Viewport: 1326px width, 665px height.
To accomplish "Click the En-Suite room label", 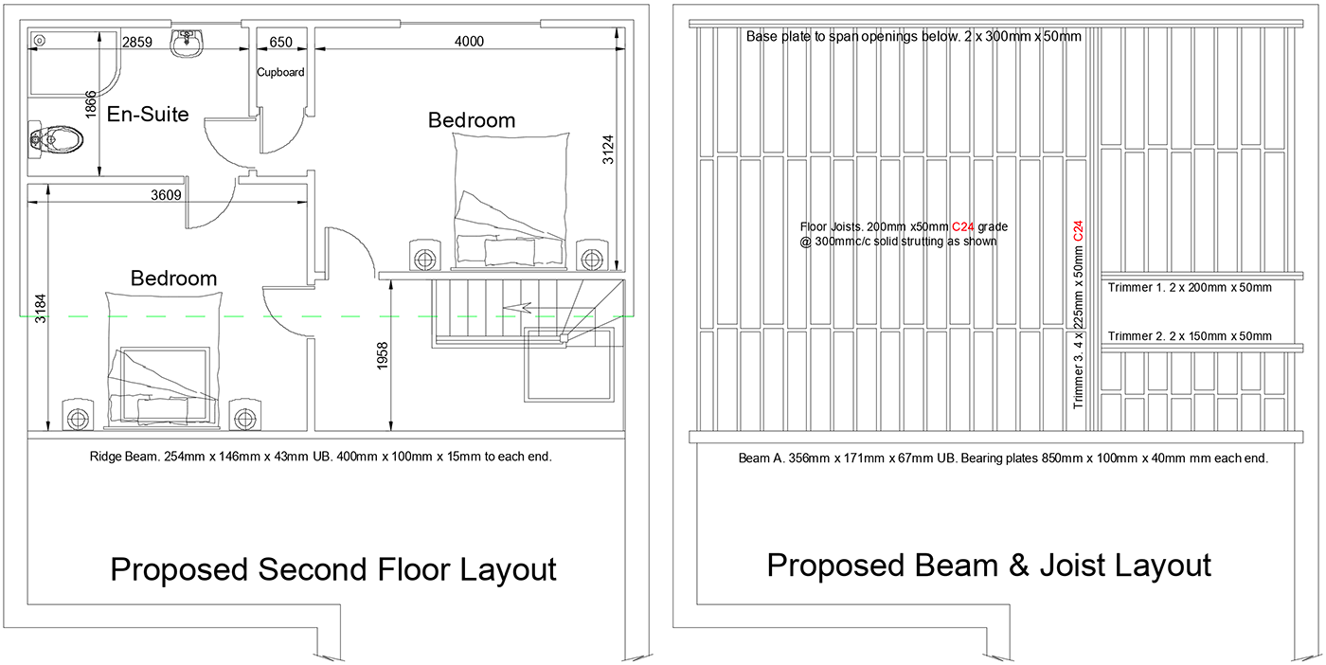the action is pyautogui.click(x=148, y=114).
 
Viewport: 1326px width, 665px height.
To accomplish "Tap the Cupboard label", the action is pyautogui.click(x=280, y=72).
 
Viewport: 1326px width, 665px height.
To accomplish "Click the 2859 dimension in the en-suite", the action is pyautogui.click(x=136, y=42).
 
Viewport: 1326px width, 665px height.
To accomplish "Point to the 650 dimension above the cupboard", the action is pyautogui.click(x=280, y=42).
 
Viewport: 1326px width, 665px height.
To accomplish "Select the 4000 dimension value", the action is pyautogui.click(x=469, y=42).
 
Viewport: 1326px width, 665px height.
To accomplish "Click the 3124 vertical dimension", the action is pyautogui.click(x=608, y=150).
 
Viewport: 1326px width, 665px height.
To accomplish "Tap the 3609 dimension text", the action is pyautogui.click(x=166, y=195).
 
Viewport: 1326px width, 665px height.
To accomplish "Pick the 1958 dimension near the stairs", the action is pyautogui.click(x=383, y=356).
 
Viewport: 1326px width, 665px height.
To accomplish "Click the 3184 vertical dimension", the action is pyautogui.click(x=40, y=309).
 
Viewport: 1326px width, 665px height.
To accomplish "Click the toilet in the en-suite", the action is pyautogui.click(x=56, y=140).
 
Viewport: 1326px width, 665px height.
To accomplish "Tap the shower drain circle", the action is pyautogui.click(x=40, y=41).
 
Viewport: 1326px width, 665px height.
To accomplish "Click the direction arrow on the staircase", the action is pyautogui.click(x=517, y=308).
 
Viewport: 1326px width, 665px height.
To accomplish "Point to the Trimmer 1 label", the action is pyautogui.click(x=1190, y=288).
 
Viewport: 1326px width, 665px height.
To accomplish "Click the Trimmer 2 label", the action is pyautogui.click(x=1190, y=336).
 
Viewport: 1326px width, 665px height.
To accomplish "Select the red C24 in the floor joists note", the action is pyautogui.click(x=962, y=226).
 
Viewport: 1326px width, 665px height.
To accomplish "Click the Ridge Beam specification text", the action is pyautogui.click(x=320, y=457).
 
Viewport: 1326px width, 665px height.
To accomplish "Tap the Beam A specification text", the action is pyautogui.click(x=1003, y=458).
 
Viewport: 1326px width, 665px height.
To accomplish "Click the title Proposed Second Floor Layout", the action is pyautogui.click(x=333, y=569).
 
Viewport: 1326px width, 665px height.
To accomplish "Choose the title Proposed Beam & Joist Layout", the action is pyautogui.click(x=989, y=566).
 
